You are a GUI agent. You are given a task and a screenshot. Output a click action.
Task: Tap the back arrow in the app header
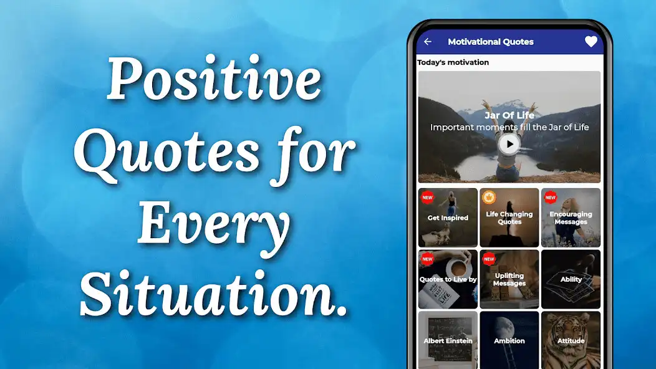coord(428,42)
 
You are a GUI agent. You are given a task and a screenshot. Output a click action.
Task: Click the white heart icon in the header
coord(591,42)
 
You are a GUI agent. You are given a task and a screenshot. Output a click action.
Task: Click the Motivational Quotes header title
coord(491,42)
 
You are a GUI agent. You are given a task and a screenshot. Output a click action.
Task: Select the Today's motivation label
coord(453,62)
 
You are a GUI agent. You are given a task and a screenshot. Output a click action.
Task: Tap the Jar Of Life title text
coord(509,115)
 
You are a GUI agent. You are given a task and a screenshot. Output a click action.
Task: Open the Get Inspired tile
coord(448,218)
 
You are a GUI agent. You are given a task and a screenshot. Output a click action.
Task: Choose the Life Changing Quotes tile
coord(509,218)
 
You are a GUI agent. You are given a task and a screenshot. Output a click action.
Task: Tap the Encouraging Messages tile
coord(571,218)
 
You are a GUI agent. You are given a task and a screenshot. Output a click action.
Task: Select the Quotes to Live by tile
coord(448,279)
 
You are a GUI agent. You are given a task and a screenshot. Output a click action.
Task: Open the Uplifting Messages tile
coord(509,279)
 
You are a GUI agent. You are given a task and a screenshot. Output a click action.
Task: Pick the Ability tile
coord(571,279)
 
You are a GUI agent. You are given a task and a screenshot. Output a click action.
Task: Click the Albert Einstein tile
coord(448,340)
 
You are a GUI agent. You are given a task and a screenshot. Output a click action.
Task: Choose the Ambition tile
coord(509,340)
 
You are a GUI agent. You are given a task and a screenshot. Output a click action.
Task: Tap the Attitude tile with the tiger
coord(571,340)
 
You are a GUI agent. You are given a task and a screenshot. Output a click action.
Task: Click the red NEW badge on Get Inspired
coord(427,198)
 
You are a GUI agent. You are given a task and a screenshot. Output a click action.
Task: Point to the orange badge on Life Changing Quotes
coord(488,198)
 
